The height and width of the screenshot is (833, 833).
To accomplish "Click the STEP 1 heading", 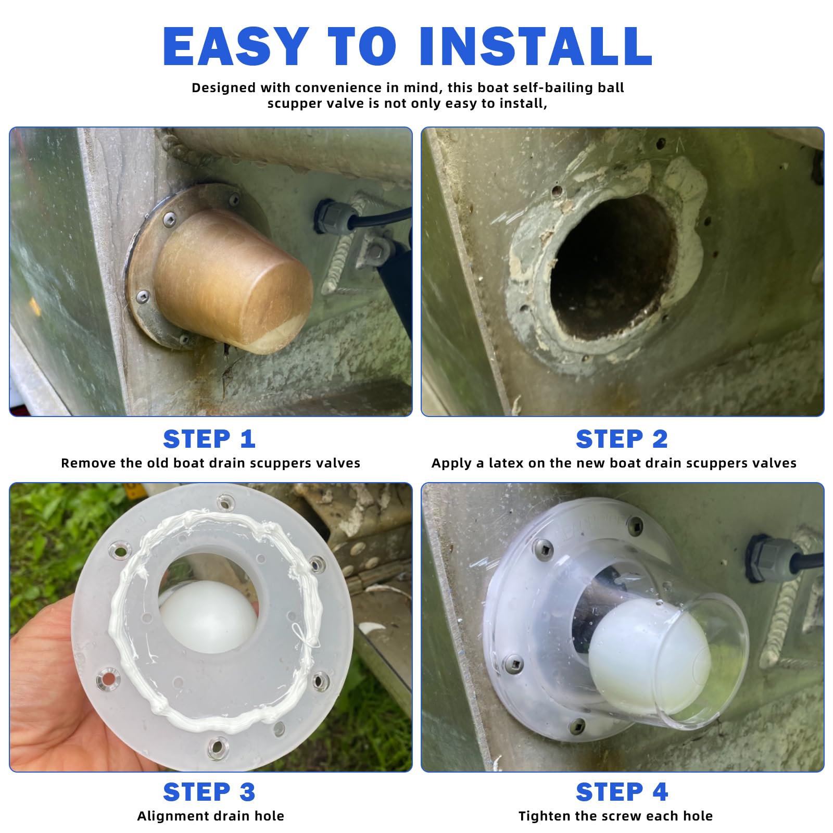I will coord(209,439).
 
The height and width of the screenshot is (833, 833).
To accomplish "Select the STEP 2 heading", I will coord(622,439).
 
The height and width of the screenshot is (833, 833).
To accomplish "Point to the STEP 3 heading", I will coord(209,792).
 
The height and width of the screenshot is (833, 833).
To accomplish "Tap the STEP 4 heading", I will coord(622,792).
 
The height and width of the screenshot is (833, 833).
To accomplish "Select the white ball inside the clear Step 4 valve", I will coord(648,659).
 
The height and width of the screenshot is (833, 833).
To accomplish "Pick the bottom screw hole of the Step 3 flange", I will coord(218,748).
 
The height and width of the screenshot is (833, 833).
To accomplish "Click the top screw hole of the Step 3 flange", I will coord(225,502).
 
